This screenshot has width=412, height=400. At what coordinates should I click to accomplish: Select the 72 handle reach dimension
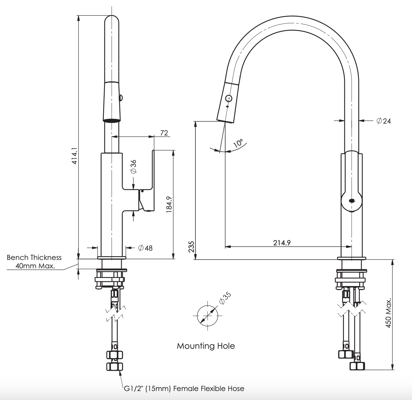164,133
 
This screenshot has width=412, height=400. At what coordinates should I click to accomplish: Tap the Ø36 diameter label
134,167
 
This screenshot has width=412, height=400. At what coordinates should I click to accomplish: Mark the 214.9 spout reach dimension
282,243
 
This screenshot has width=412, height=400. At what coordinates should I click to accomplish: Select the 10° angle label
238,143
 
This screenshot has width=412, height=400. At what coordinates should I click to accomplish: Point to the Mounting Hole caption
206,346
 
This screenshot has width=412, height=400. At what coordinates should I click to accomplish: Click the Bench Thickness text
34,257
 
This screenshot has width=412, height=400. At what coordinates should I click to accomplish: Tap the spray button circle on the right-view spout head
229,98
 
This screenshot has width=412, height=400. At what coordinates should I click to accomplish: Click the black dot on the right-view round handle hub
351,201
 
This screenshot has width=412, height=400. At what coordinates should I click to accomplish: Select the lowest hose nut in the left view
115,366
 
